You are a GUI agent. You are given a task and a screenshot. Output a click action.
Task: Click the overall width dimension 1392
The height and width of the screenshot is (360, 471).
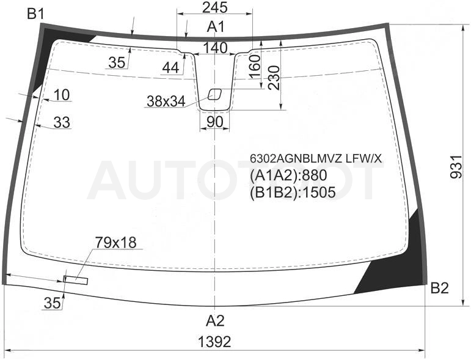pyautogui.click(x=214, y=342)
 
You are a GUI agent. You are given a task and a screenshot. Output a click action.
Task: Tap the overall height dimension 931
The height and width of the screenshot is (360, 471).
pyautogui.click(x=456, y=167)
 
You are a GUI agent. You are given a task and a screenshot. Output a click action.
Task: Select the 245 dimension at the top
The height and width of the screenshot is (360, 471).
pyautogui.click(x=214, y=7)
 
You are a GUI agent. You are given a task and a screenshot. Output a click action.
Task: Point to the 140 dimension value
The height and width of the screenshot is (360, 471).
pyautogui.click(x=215, y=48)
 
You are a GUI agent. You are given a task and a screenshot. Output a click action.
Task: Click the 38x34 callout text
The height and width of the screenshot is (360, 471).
pyautogui.click(x=166, y=101)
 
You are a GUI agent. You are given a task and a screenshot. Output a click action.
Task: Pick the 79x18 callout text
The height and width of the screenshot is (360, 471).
pyautogui.click(x=115, y=242)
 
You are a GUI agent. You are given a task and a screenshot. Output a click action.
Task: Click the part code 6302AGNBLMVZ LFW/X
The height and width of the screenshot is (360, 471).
pyautogui.click(x=316, y=159)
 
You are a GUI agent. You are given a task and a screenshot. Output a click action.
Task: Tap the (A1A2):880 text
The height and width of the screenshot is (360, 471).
pyautogui.click(x=288, y=175)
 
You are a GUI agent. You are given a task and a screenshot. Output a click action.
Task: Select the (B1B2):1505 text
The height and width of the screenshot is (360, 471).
pyautogui.click(x=293, y=193)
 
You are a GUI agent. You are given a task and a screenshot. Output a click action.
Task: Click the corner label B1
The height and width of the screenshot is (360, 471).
pyautogui.click(x=36, y=14)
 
